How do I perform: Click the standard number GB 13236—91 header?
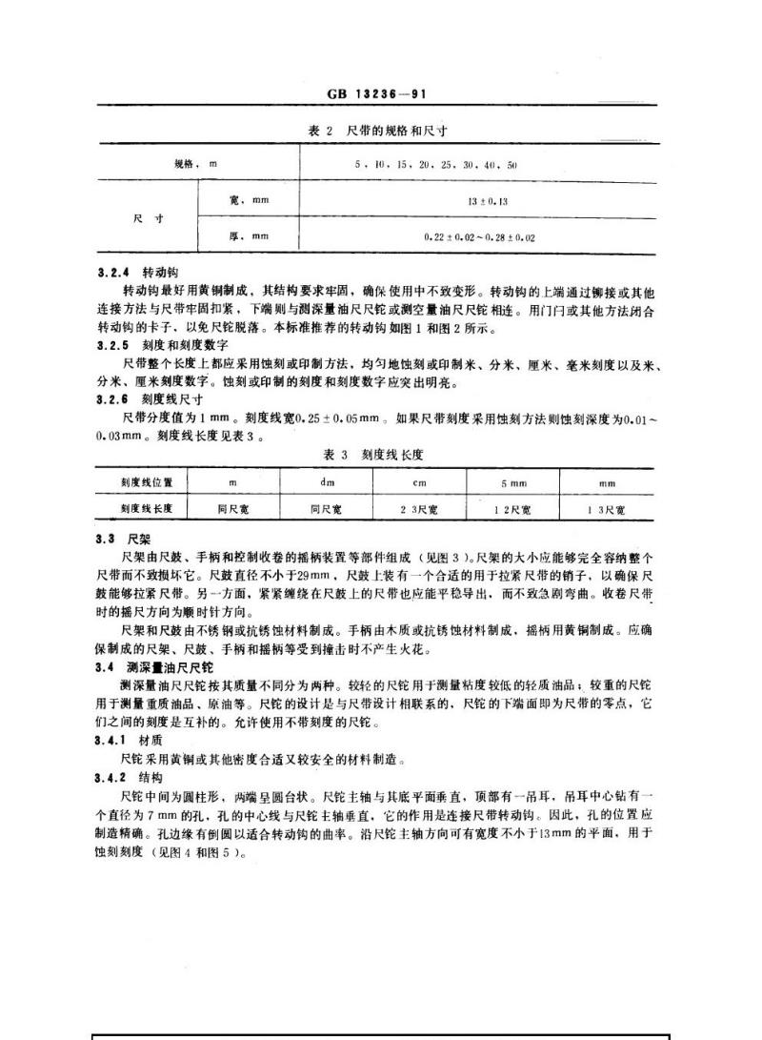tap(380, 94)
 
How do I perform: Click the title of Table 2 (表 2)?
tap(378, 131)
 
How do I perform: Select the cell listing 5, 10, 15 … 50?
tap(435, 165)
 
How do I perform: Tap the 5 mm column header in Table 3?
tap(514, 483)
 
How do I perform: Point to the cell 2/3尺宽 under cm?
tap(419, 510)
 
